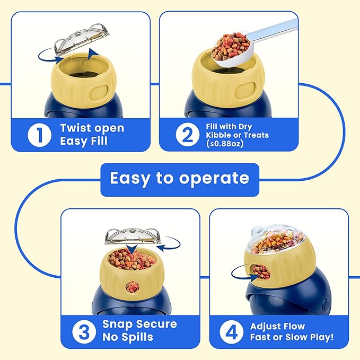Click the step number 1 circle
tap(39, 135)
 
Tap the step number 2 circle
tap(188, 135)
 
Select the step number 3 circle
tap(84, 332)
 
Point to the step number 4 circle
tap(231, 332)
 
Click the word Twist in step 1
tap(73, 128)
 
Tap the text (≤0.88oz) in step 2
tap(225, 144)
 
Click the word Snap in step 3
tap(117, 324)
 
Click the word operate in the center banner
tap(214, 178)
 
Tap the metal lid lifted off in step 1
tap(82, 39)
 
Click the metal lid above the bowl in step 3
tap(133, 236)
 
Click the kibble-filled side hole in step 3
tap(133, 287)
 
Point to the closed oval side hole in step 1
tap(99, 93)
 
